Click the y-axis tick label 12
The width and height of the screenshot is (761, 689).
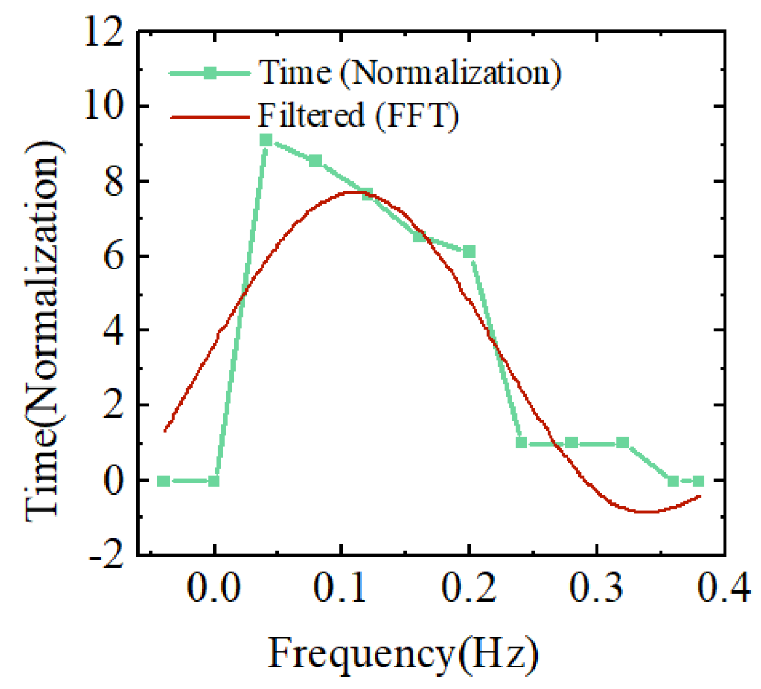pyautogui.click(x=107, y=33)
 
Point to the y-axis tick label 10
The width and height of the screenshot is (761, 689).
pyautogui.click(x=107, y=107)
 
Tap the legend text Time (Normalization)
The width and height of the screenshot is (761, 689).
pyautogui.click(x=409, y=72)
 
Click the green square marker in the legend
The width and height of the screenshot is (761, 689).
pyautogui.click(x=210, y=73)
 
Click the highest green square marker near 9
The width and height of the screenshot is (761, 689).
pyautogui.click(x=266, y=140)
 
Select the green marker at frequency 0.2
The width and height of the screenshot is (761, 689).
pyautogui.click(x=469, y=252)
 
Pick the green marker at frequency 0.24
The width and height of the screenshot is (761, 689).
pyautogui.click(x=521, y=442)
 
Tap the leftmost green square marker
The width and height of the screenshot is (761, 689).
pyautogui.click(x=164, y=481)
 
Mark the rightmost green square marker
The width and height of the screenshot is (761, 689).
pyautogui.click(x=698, y=481)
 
